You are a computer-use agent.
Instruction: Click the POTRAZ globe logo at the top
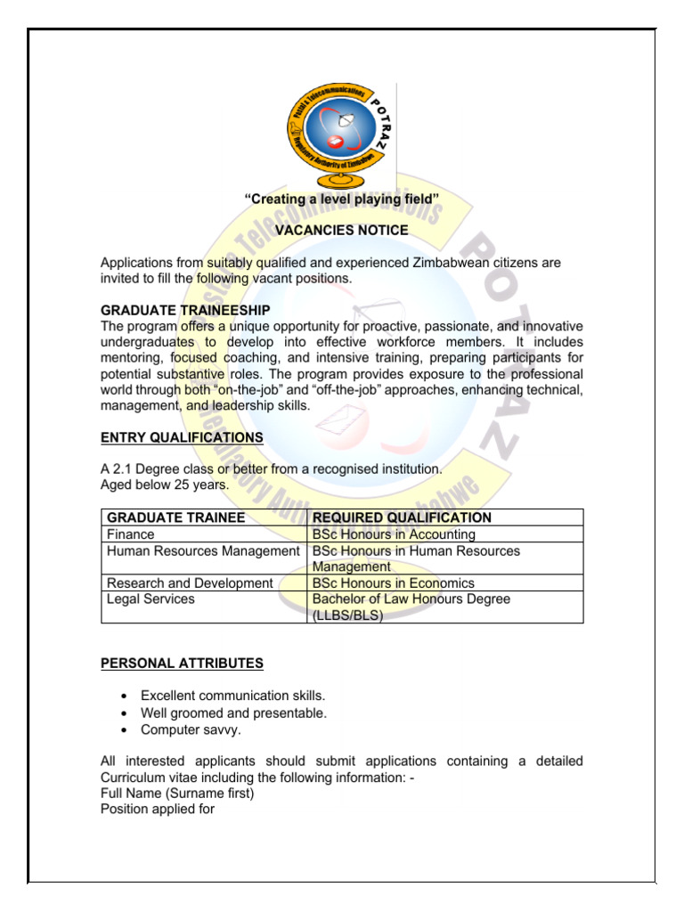(x=342, y=132)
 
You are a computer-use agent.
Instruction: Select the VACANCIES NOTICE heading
(x=342, y=231)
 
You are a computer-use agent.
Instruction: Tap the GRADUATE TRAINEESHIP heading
(x=184, y=310)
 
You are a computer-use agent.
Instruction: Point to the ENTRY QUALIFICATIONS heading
(x=182, y=437)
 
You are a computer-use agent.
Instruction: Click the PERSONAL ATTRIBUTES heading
(x=182, y=663)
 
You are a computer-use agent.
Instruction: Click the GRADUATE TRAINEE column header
(x=175, y=517)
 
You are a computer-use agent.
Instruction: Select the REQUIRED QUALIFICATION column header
(x=402, y=517)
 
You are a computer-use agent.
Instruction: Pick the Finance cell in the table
(x=130, y=534)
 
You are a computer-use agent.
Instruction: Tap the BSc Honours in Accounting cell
(x=394, y=534)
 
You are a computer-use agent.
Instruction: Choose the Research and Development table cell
(x=189, y=583)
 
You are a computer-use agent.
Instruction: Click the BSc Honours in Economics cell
(x=392, y=583)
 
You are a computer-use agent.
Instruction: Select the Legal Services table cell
(x=150, y=599)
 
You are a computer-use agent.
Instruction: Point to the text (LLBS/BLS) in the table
(x=347, y=615)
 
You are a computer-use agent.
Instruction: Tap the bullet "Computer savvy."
(x=191, y=729)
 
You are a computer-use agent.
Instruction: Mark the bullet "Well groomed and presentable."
(x=233, y=712)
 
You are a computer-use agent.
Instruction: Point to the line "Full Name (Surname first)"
(x=177, y=793)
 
